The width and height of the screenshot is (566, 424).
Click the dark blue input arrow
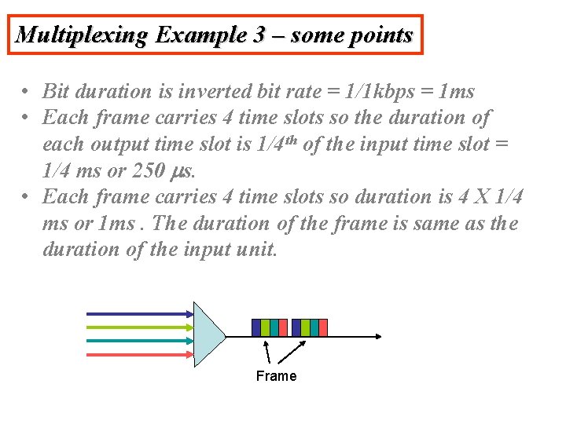pyautogui.click(x=138, y=313)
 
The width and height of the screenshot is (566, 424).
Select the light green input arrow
pyautogui.click(x=138, y=327)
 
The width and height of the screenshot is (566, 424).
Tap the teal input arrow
pyautogui.click(x=138, y=340)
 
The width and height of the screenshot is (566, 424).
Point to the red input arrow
pyautogui.click(x=138, y=354)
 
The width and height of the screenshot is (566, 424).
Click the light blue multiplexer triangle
pyautogui.click(x=207, y=334)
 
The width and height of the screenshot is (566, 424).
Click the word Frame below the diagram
pyautogui.click(x=276, y=376)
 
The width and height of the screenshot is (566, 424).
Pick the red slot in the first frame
pyautogui.click(x=283, y=327)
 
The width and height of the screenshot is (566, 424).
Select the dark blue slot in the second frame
pyautogui.click(x=296, y=327)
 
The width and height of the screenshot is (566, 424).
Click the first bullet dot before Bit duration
pyautogui.click(x=26, y=92)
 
